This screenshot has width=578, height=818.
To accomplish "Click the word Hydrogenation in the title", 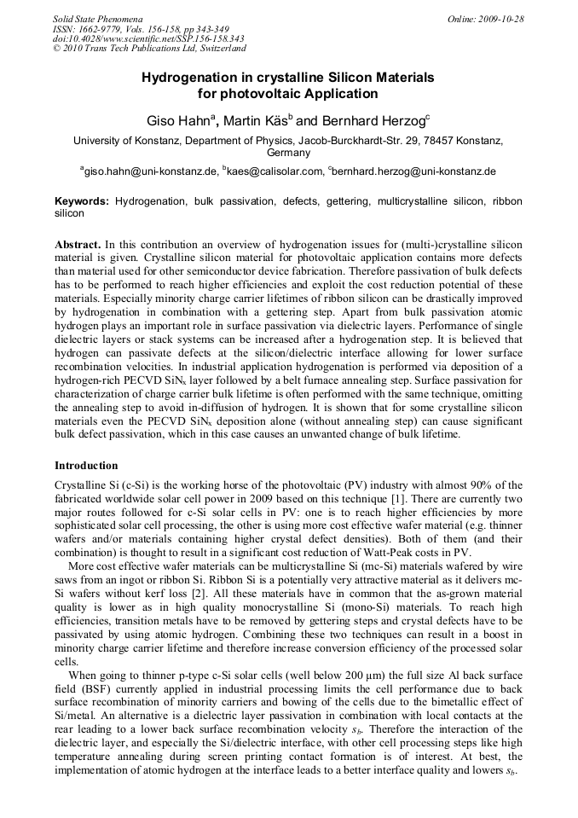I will point(182,78).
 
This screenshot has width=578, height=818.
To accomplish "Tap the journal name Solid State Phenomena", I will point(97,19).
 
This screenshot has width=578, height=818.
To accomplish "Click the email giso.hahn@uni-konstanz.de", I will point(151,171).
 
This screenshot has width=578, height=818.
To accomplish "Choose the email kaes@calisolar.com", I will point(275,171).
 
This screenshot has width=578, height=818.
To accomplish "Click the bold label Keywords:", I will point(82,201).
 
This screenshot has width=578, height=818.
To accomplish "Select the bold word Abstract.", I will point(78,244).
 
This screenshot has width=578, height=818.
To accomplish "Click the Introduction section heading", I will point(86,466).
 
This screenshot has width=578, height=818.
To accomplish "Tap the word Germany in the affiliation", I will point(288,153).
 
